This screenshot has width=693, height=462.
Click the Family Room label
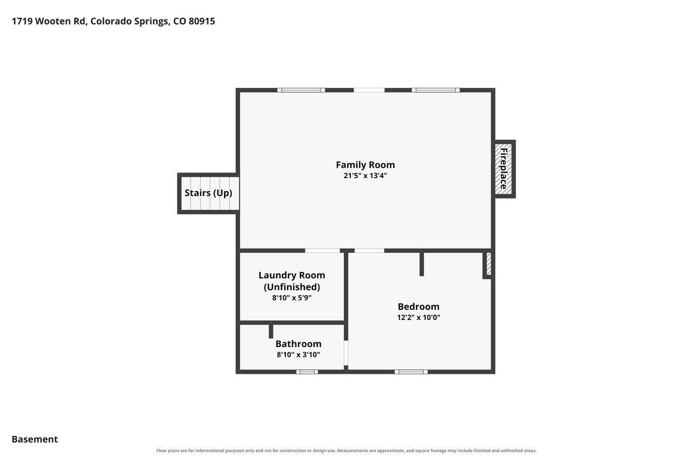(365, 165)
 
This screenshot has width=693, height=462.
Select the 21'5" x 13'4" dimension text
(365, 176)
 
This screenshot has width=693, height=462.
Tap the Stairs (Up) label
(208, 193)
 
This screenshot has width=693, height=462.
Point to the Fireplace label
(504, 168)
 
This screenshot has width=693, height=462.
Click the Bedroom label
(419, 307)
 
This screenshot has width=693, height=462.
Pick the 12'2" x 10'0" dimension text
(419, 317)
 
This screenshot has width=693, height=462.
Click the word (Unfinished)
(292, 287)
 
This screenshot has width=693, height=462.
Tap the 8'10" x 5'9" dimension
(292, 298)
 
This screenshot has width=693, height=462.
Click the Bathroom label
(298, 344)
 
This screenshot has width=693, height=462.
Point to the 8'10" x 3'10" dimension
(298, 355)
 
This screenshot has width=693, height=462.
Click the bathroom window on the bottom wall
(307, 372)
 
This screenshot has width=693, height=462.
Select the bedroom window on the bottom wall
(411, 372)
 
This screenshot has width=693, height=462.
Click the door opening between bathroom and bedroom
(346, 353)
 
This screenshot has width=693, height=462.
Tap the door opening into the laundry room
(322, 250)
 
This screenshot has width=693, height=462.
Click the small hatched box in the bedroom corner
(488, 264)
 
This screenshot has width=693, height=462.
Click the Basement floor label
(35, 439)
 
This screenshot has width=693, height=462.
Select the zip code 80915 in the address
(202, 21)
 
